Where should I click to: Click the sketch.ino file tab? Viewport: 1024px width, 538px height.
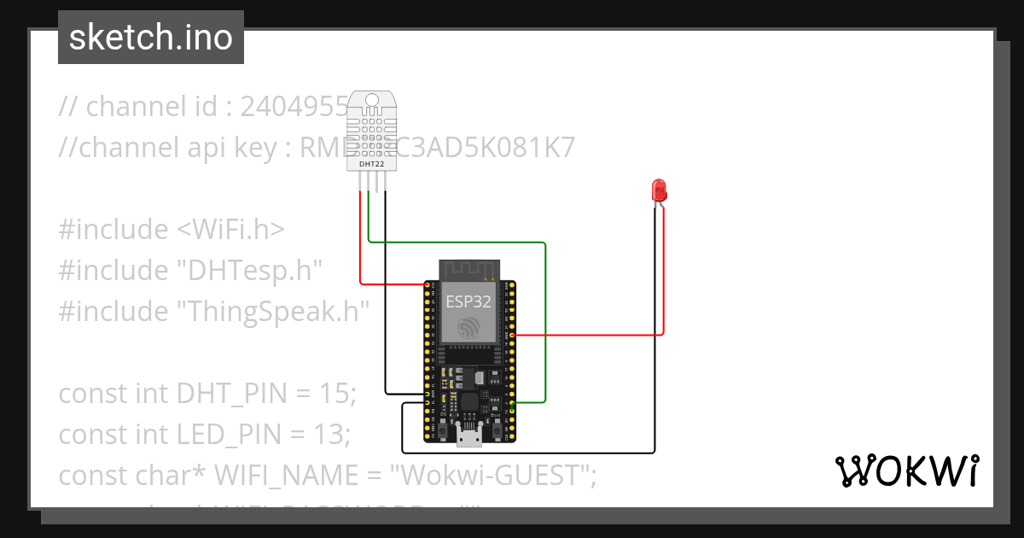click(x=151, y=38)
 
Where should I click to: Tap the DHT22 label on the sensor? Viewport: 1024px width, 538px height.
click(x=371, y=161)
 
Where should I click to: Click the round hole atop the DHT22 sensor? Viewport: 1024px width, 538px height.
click(x=372, y=100)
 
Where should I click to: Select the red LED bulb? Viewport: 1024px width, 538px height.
click(x=659, y=190)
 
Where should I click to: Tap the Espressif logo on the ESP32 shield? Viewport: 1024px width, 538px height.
click(x=467, y=327)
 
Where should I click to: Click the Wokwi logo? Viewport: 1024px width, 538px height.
click(x=906, y=471)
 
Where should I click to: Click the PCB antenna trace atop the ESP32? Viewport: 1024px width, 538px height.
click(x=467, y=269)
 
